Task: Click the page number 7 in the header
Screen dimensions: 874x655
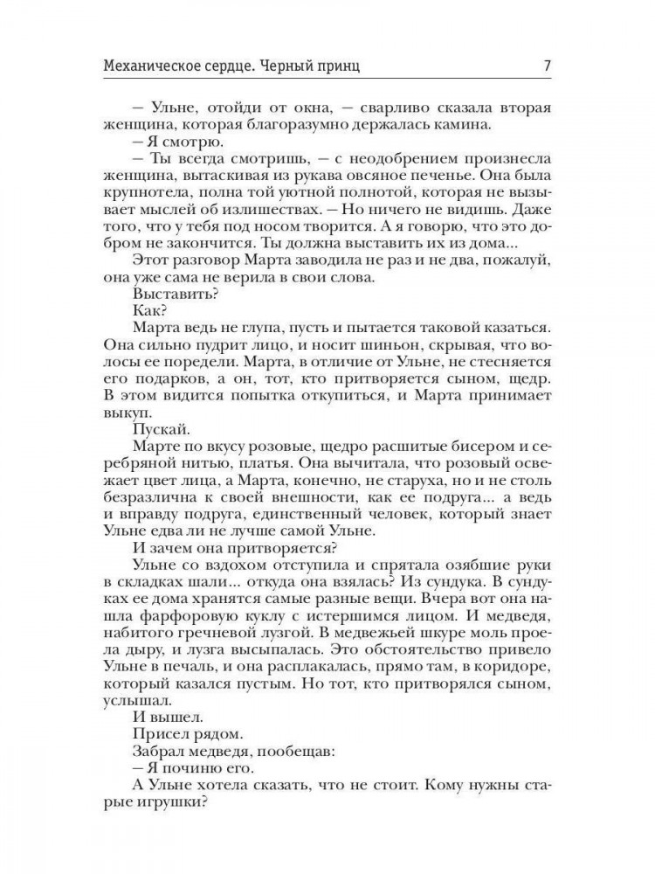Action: coord(546,65)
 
